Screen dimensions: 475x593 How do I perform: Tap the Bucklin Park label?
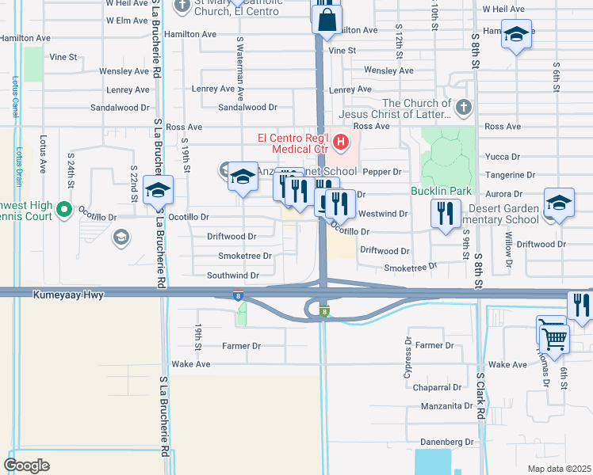coord(441,191)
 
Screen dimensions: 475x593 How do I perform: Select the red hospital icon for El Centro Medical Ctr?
coord(342,142)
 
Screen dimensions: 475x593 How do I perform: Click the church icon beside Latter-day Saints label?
coord(464,106)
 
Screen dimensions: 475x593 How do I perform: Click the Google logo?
coord(26,465)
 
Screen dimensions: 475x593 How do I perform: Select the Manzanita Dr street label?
coord(447,406)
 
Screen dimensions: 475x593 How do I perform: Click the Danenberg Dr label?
coord(447,443)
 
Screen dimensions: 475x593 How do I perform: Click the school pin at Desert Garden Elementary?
coord(559,203)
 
